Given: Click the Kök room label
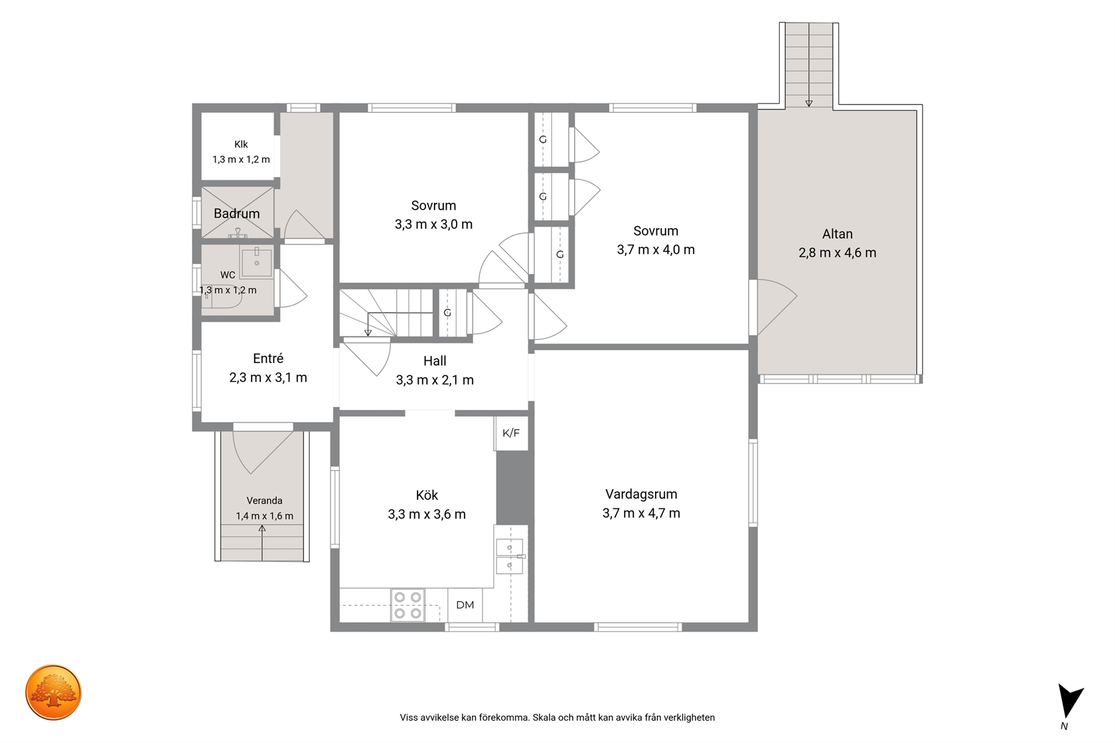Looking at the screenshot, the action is pos(427,495).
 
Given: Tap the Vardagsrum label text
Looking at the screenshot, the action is pos(641,494).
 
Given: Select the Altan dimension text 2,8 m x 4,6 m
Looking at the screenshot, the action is pos(838,253).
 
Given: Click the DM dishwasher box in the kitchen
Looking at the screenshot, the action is pos(465,604).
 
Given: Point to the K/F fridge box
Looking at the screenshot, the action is pos(511,433).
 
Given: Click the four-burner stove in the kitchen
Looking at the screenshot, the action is pos(408,605).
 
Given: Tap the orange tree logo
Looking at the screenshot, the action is pos(53,692).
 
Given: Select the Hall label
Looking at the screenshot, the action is pos(435,361).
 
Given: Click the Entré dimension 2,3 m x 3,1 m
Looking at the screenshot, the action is pos(268,377).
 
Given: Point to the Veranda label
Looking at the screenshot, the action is pos(264,501).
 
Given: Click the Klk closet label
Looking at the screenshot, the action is pos(241,145).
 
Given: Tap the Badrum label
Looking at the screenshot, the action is pos(236,214).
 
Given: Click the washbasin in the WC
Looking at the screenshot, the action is pos(256,262).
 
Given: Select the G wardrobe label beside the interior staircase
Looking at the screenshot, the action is pos(447,312).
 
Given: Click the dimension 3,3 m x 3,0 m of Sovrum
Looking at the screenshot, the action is pos(433,224).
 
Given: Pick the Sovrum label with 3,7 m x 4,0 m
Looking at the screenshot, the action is pos(656,231).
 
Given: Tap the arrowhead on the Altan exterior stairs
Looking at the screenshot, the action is pos(809,103).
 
